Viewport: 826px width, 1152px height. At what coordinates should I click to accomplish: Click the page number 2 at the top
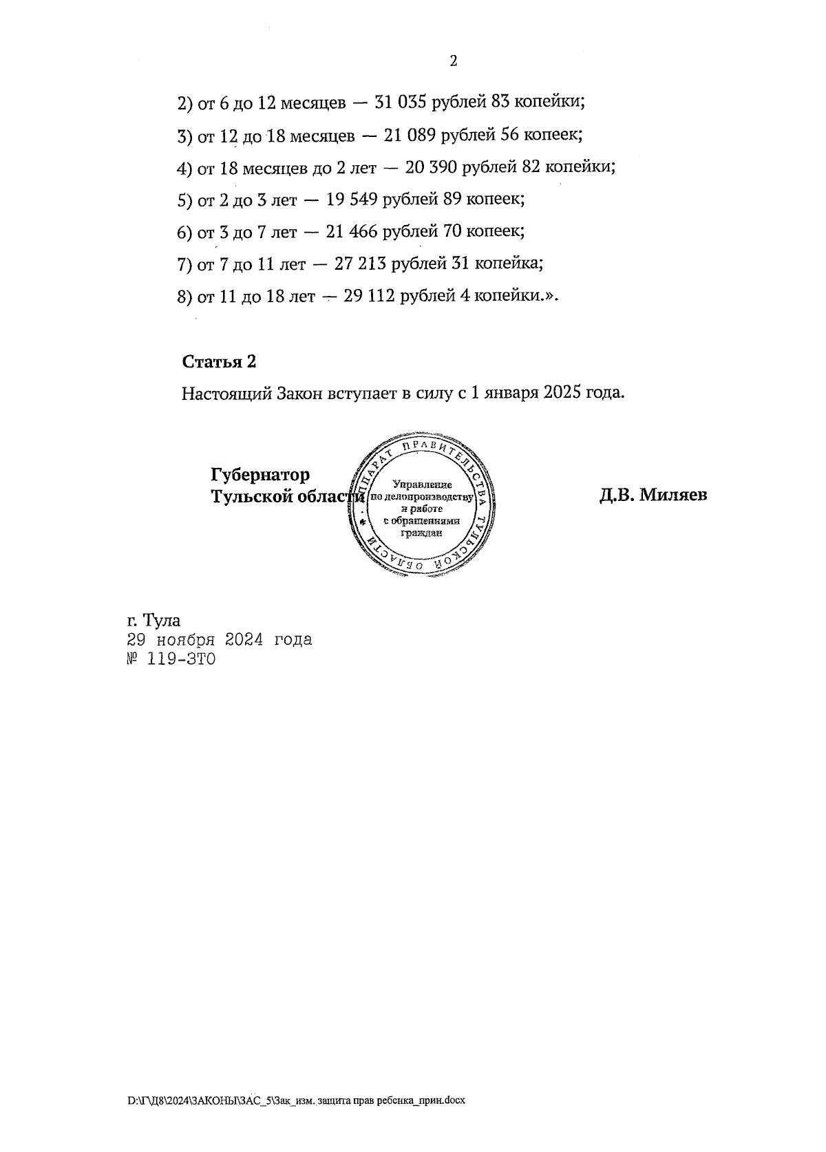(x=453, y=61)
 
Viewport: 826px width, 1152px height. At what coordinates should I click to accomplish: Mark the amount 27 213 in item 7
(x=359, y=264)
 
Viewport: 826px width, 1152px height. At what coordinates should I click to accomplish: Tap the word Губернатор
(x=260, y=475)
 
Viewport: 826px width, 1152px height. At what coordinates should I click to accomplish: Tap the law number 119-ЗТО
(x=181, y=659)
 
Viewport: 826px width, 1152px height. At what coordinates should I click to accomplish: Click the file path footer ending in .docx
(x=297, y=1100)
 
